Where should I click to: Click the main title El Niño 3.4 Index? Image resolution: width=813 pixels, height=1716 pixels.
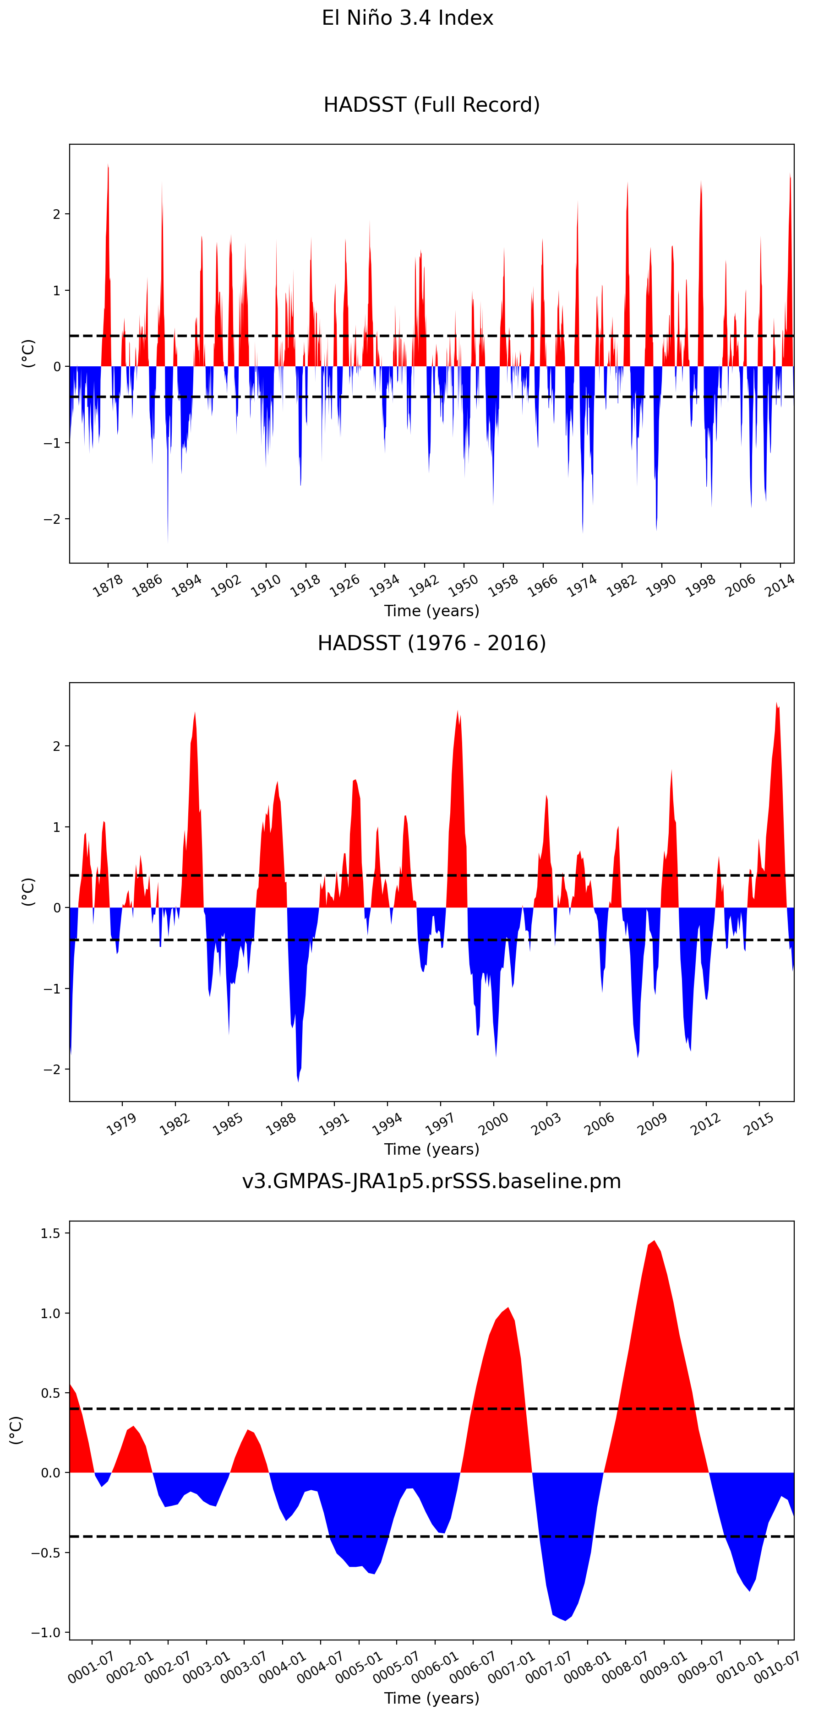(407, 18)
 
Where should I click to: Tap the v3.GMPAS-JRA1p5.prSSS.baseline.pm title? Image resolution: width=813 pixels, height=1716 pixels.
(431, 1181)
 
